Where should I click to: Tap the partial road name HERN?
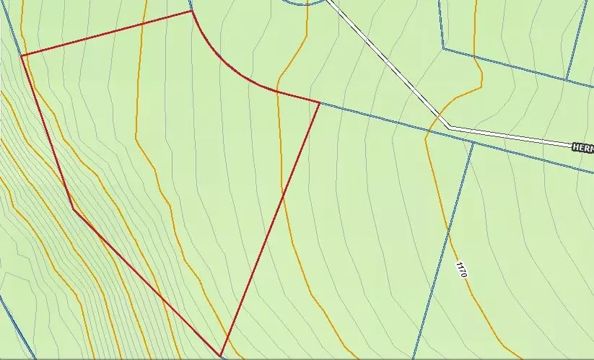click(582, 147)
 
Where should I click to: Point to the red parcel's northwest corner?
click(22, 56)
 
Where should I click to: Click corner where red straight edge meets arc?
click(191, 11)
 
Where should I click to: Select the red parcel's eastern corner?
click(320, 102)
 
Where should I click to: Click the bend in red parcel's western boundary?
click(73, 208)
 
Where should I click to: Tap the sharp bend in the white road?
click(449, 128)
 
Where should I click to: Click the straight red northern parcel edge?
click(108, 32)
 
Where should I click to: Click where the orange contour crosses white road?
click(437, 115)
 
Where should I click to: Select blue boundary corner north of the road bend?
click(443, 49)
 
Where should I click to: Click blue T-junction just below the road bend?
click(474, 141)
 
